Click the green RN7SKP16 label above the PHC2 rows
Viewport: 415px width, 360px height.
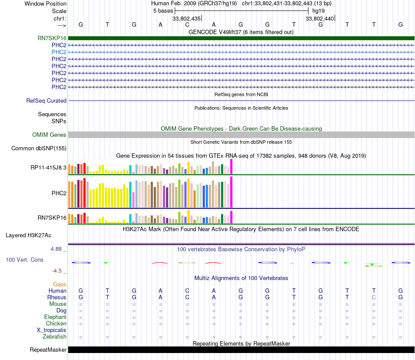(x=52, y=38)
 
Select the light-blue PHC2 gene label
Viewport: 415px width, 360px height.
(x=59, y=52)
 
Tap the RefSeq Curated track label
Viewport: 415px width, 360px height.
(x=46, y=101)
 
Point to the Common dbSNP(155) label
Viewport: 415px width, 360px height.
(x=39, y=149)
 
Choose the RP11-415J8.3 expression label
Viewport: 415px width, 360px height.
(x=48, y=168)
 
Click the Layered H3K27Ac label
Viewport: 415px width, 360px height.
(x=28, y=235)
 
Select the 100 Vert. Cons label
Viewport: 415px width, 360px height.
(x=24, y=260)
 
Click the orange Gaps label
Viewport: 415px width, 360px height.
(x=59, y=284)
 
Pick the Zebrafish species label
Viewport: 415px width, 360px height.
(x=55, y=337)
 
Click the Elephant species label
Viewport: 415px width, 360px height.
(x=55, y=317)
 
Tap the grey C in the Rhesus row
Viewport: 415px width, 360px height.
(x=373, y=298)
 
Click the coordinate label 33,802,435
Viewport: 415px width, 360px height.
(x=187, y=19)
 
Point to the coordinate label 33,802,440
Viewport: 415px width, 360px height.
(x=320, y=19)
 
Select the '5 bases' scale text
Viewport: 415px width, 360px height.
(x=163, y=11)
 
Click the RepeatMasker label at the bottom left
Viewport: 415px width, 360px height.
(x=48, y=350)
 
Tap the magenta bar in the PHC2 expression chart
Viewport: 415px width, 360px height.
(x=231, y=192)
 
